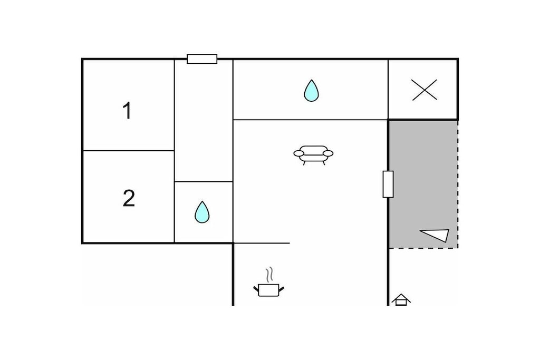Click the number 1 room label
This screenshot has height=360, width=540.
[128, 111]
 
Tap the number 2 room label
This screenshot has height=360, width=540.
[129, 198]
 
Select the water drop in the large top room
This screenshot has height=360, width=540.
[311, 91]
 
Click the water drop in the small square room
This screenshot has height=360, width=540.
[202, 212]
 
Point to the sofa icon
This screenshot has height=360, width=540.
[313, 155]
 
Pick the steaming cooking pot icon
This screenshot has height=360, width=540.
[269, 282]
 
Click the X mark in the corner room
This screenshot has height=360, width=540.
[425, 90]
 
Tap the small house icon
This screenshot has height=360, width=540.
[401, 300]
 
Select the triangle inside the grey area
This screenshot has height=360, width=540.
[435, 235]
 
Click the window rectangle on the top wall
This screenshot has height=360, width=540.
[202, 59]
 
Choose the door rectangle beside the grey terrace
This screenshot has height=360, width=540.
[388, 184]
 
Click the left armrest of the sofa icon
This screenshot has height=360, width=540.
[298, 153]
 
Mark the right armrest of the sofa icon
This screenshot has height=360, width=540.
[328, 153]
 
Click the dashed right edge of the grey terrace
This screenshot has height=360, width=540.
[458, 184]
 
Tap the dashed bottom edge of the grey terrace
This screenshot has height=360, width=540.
[423, 248]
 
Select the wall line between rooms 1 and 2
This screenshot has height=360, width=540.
[129, 150]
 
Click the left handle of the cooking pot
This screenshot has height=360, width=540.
[256, 289]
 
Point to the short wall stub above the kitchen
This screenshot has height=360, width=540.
[262, 243]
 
